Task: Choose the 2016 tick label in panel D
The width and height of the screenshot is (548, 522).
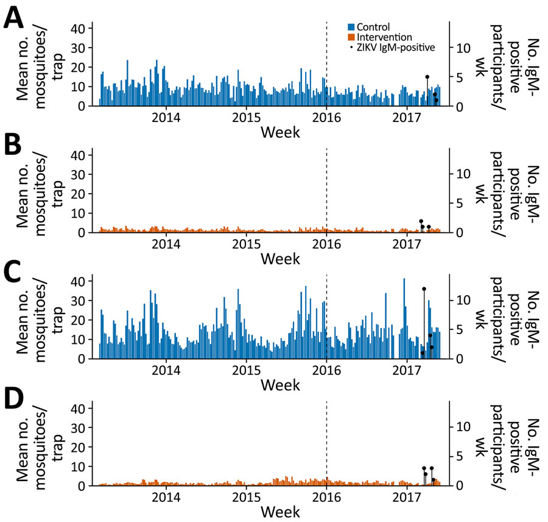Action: coord(326,497)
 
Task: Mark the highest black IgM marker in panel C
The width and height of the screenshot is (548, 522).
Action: coord(424,288)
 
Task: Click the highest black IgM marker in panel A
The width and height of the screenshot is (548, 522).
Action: coord(427,77)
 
